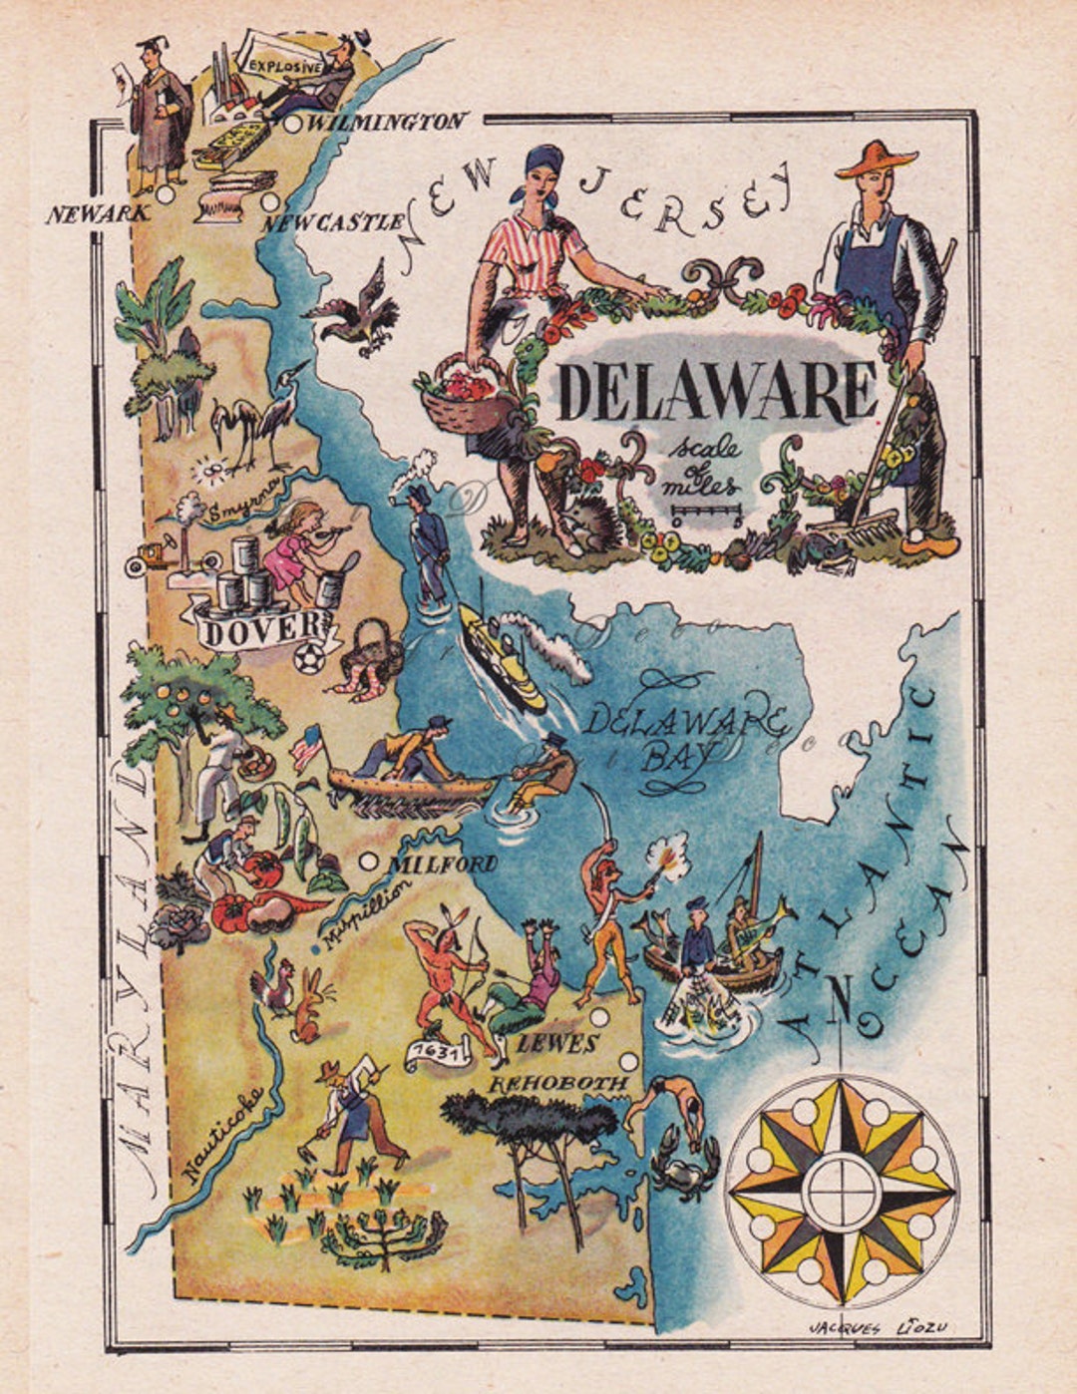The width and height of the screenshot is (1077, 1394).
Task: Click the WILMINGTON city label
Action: [x=388, y=123]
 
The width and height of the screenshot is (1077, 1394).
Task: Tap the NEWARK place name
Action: [x=97, y=213]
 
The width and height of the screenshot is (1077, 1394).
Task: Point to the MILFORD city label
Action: [x=443, y=864]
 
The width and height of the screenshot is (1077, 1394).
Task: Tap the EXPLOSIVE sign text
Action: [x=285, y=67]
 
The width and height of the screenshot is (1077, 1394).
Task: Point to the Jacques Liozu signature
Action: [x=878, y=1326]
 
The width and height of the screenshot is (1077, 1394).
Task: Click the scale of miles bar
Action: [x=706, y=516]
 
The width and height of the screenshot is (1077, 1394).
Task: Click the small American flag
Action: [x=307, y=745]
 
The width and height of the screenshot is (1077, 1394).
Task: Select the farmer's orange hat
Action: [x=875, y=159]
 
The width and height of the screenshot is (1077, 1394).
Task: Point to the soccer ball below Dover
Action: [x=310, y=657]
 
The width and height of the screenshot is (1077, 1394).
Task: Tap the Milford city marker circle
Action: [x=369, y=861]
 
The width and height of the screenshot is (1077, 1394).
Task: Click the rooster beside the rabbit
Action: [x=272, y=986]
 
